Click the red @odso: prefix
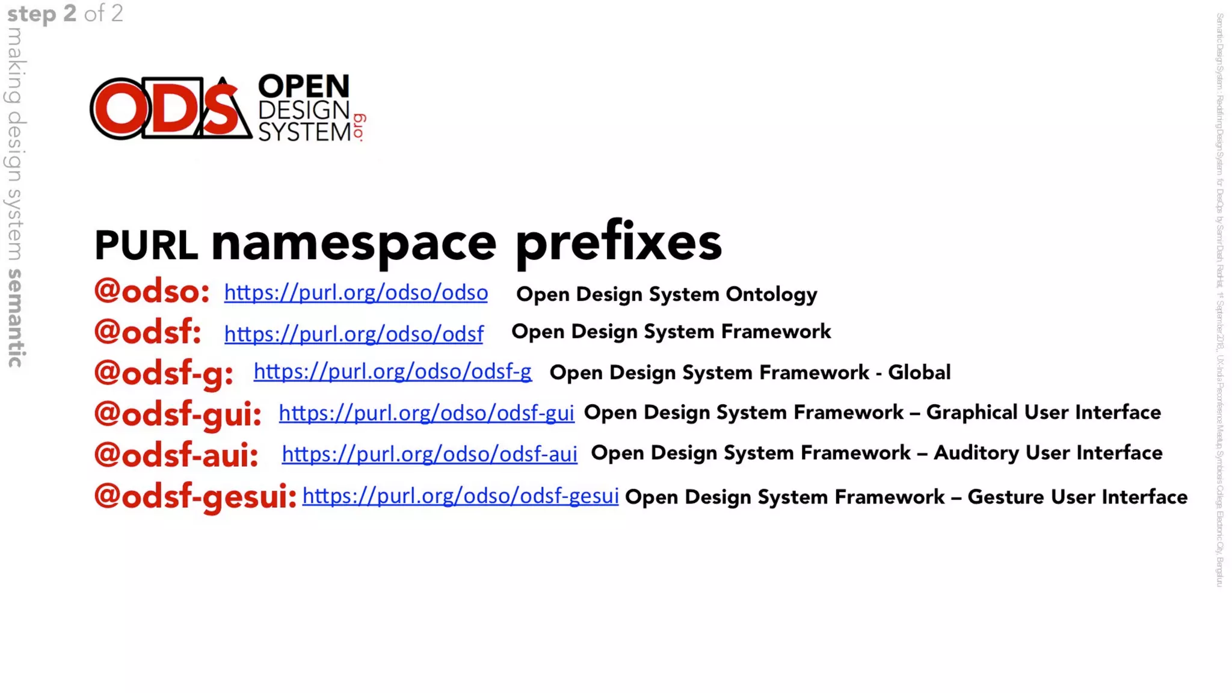152,292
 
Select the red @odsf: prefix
147,332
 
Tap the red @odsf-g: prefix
164,373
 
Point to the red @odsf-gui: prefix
178,414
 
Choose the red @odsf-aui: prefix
176,455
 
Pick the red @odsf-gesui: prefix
196,497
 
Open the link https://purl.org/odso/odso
356,293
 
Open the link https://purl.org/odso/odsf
354,334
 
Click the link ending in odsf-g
392,372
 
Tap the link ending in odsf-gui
426,413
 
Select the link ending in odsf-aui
430,454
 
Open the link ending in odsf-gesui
460,496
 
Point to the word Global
919,372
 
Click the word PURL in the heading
146,245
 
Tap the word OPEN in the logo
304,87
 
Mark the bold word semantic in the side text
15,318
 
